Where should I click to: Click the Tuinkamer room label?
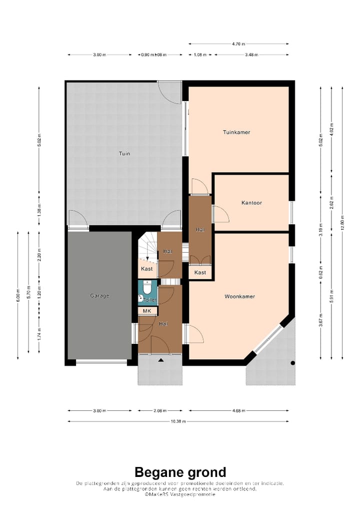click(x=236, y=132)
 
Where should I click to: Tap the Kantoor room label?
click(x=251, y=203)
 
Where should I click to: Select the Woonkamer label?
click(x=239, y=296)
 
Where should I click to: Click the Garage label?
click(x=99, y=295)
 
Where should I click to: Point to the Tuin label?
click(x=124, y=154)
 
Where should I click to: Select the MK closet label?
click(x=147, y=311)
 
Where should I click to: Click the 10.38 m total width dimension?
click(x=177, y=421)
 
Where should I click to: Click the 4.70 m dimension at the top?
click(x=238, y=44)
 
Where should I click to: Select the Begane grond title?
click(x=180, y=472)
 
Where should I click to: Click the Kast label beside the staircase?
click(x=146, y=269)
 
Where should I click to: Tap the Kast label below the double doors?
click(x=200, y=272)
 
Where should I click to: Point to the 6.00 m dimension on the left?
click(x=18, y=295)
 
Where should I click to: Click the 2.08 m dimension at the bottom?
click(x=160, y=411)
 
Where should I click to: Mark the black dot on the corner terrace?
click(x=293, y=363)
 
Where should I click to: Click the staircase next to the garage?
click(x=147, y=248)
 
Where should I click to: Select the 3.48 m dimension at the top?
click(x=251, y=55)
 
